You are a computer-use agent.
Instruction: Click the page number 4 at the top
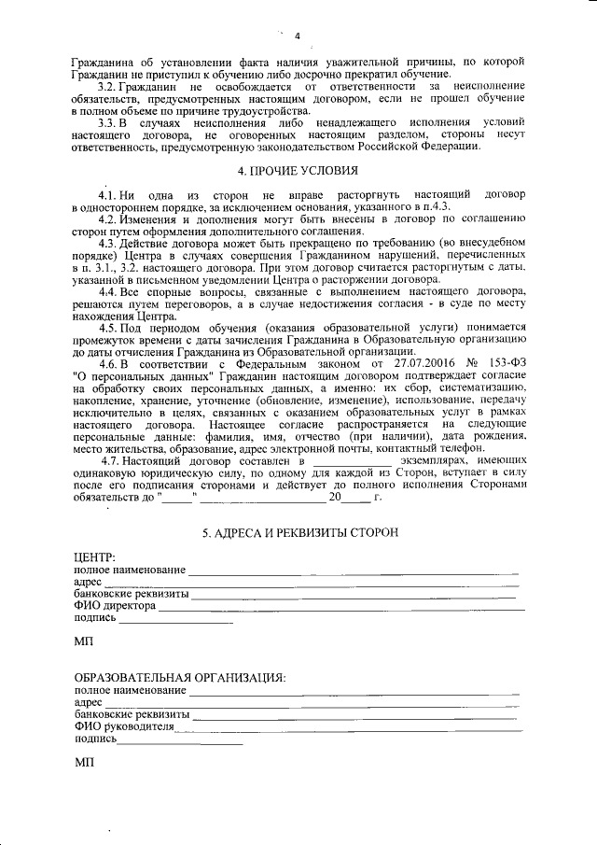297,36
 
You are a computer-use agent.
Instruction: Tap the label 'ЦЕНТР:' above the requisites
93,557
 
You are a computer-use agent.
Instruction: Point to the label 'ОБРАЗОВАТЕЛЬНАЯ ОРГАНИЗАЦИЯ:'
180,677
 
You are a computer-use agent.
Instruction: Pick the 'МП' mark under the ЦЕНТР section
83,642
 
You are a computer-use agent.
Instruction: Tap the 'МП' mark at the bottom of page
83,763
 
